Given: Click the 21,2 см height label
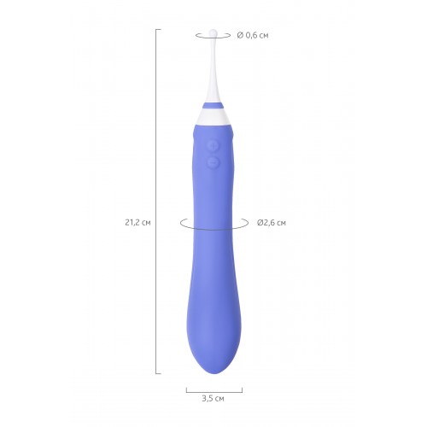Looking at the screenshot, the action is click(137, 223).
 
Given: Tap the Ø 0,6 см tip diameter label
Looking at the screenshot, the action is click(253, 36).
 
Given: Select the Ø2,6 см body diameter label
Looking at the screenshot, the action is click(272, 223).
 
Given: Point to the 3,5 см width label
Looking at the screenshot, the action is click(213, 399).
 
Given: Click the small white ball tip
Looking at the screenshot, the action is click(213, 32).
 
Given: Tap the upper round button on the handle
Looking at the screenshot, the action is click(213, 145).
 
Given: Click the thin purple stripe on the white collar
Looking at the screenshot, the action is click(213, 106).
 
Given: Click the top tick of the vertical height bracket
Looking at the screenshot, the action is click(158, 29).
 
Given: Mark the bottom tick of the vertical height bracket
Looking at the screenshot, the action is click(158, 373).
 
